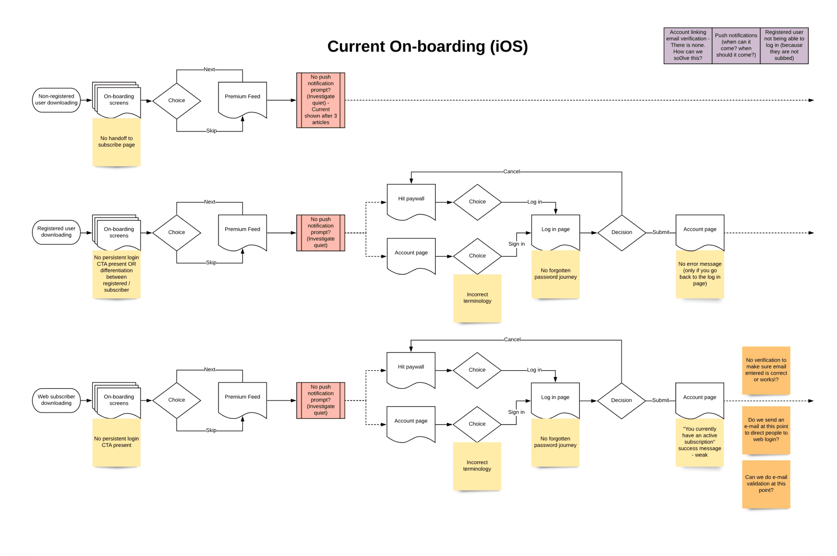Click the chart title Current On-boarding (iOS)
[x=427, y=46]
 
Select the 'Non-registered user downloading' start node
[x=56, y=100]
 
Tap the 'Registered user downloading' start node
[x=56, y=232]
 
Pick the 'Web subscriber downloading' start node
[x=56, y=400]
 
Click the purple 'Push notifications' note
[x=736, y=45]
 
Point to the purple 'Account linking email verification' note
[x=688, y=45]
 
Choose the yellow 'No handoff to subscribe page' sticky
[x=116, y=142]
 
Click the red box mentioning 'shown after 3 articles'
[x=321, y=100]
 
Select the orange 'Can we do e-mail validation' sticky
[x=766, y=484]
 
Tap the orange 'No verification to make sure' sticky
[x=766, y=370]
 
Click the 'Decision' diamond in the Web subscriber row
[x=621, y=401]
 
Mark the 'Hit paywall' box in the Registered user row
[x=411, y=200]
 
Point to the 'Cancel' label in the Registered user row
[x=512, y=172]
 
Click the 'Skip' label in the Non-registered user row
[x=212, y=131]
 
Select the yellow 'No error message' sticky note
[x=700, y=273]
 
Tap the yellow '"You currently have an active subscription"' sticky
[x=700, y=442]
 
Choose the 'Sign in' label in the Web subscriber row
[x=516, y=412]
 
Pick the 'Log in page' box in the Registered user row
[x=555, y=231]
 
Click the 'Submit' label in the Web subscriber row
[x=661, y=401]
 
